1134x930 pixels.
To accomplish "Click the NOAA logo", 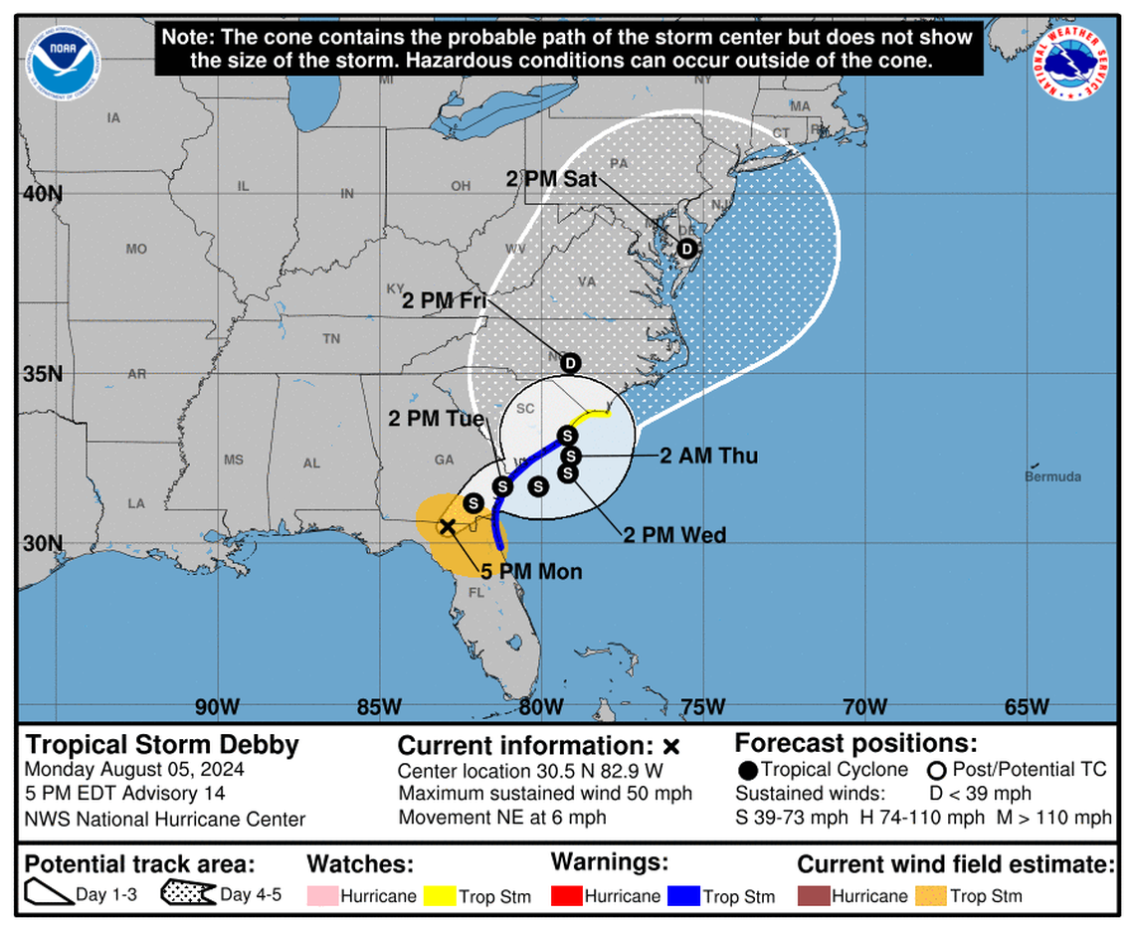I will pyautogui.click(x=65, y=61).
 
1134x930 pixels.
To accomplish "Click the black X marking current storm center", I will pyautogui.click(x=448, y=526).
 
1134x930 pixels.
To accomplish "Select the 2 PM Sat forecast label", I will pyautogui.click(x=551, y=180).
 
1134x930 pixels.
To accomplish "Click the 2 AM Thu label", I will pyautogui.click(x=709, y=456).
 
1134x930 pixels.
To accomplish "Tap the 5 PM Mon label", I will pyautogui.click(x=531, y=571).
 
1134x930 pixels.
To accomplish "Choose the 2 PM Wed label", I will pyautogui.click(x=674, y=535).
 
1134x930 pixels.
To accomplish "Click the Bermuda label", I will pyautogui.click(x=1052, y=476).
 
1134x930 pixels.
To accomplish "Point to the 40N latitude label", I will pyautogui.click(x=42, y=193).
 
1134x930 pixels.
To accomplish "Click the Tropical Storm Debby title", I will pyautogui.click(x=161, y=745).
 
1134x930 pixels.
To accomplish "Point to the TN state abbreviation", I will pyautogui.click(x=331, y=339).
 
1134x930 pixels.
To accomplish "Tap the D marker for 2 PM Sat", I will pyautogui.click(x=686, y=249).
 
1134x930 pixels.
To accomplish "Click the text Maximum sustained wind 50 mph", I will pyautogui.click(x=545, y=794).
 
